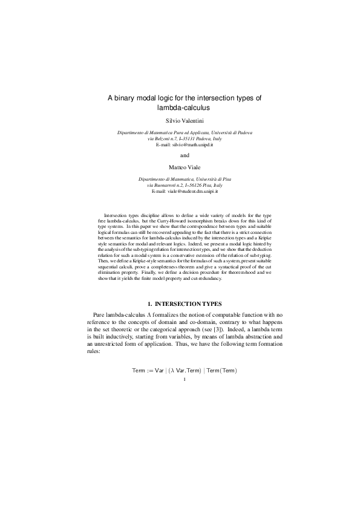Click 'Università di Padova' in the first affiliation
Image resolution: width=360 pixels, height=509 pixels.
pos(232,132)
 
